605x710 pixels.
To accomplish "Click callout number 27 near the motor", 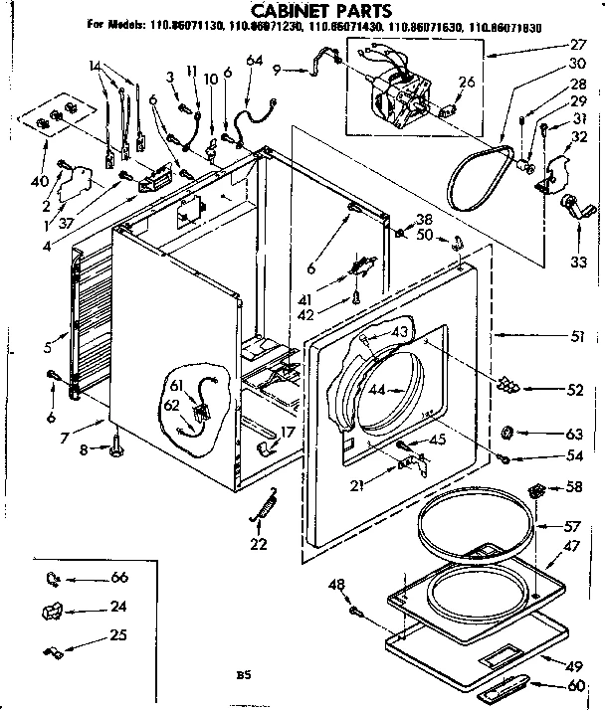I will click(577, 45).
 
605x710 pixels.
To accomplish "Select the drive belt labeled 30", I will click(478, 179).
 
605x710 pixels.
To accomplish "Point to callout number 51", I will click(577, 336).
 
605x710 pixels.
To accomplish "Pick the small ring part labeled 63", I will click(507, 433).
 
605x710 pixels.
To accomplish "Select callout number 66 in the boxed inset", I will click(119, 578).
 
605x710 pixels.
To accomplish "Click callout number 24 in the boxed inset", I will click(119, 607).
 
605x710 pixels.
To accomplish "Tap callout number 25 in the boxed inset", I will click(119, 635).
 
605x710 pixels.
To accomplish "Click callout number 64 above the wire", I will click(256, 62).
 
